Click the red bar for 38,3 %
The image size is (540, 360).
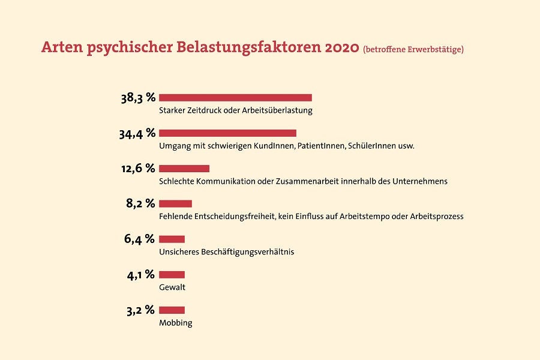235,98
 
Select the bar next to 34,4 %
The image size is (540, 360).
227,133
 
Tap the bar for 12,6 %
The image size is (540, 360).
184,169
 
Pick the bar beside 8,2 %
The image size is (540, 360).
175,204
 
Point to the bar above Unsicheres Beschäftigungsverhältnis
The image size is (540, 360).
172,239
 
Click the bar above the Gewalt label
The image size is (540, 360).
172,275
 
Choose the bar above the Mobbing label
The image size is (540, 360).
172,310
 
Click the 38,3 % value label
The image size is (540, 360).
138,98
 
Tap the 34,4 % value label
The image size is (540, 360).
137,133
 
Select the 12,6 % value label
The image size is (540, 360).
138,169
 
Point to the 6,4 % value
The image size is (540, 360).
139,239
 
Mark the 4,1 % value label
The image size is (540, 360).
141,275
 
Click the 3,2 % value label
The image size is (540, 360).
140,310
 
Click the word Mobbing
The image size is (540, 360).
176,323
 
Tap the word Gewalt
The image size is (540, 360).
172,287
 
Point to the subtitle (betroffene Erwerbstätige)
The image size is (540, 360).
413,49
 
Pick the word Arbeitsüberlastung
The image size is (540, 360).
277,110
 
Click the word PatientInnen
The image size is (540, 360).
322,146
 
